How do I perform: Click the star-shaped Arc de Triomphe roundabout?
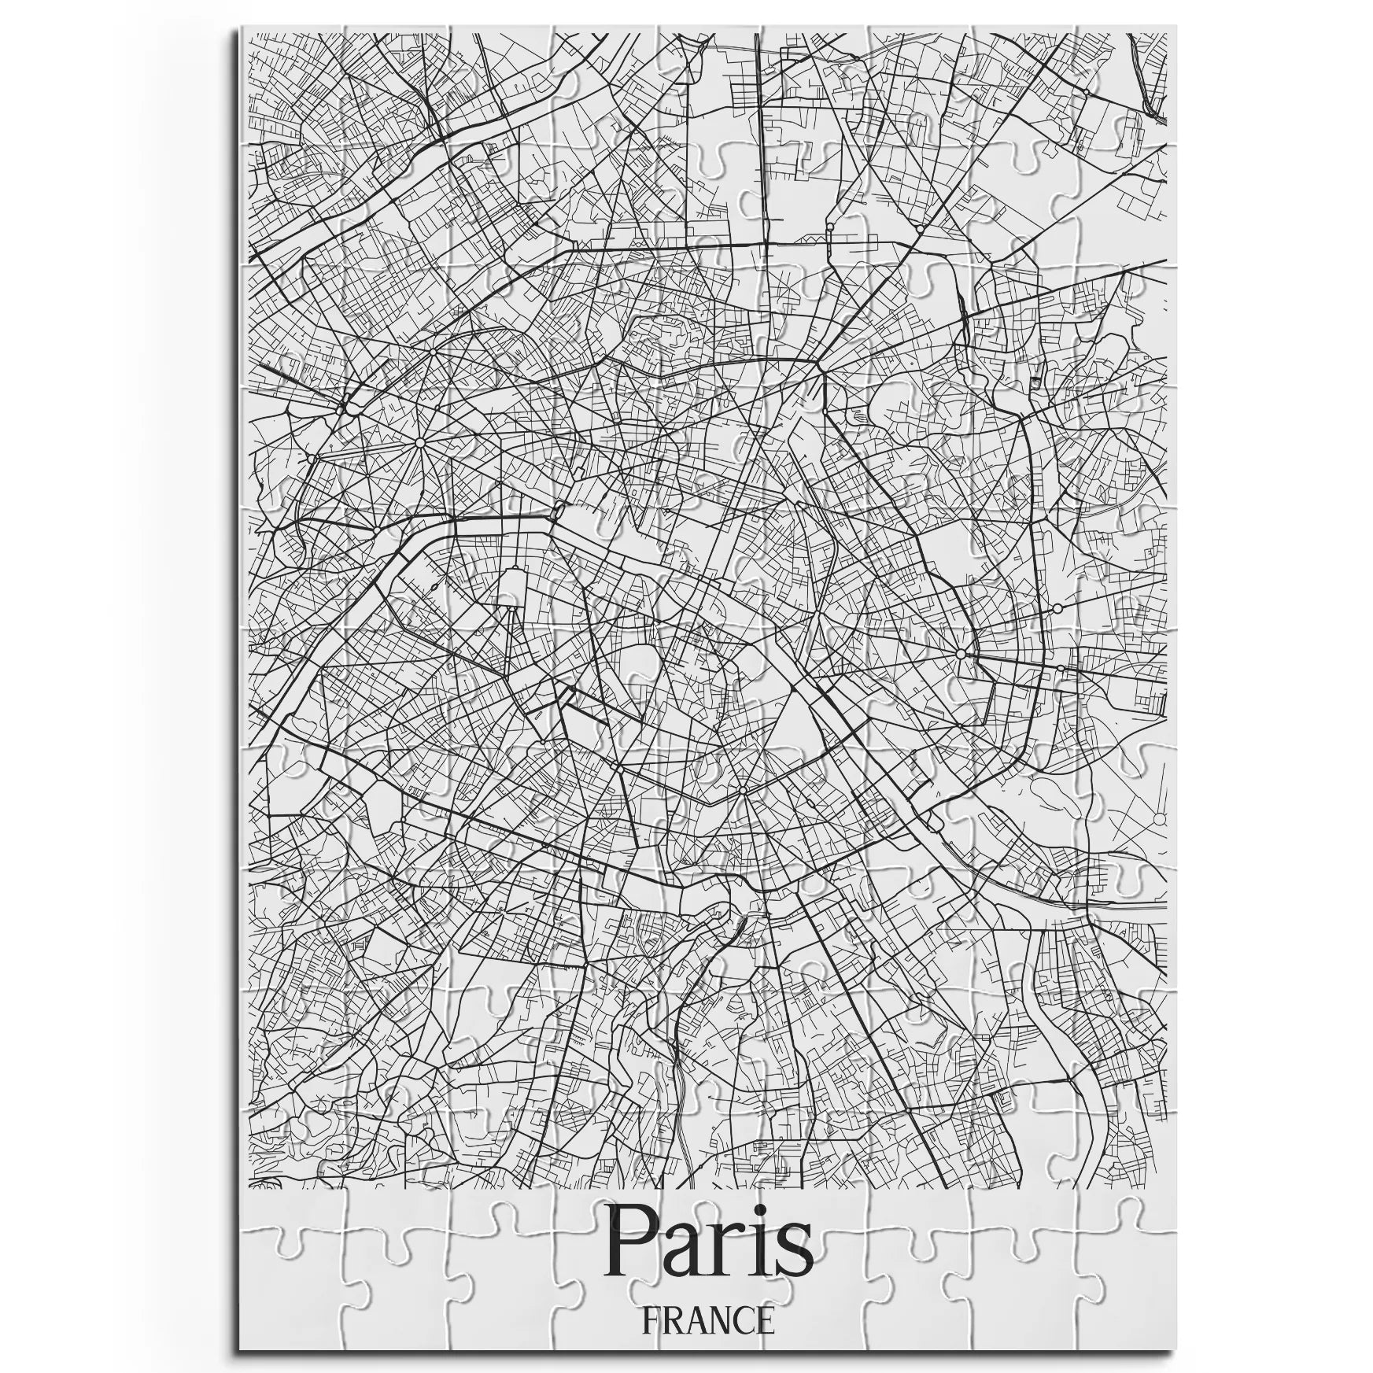[419, 444]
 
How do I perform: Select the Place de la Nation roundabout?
[960, 654]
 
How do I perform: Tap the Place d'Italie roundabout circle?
[742, 789]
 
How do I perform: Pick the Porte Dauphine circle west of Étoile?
[312, 458]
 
